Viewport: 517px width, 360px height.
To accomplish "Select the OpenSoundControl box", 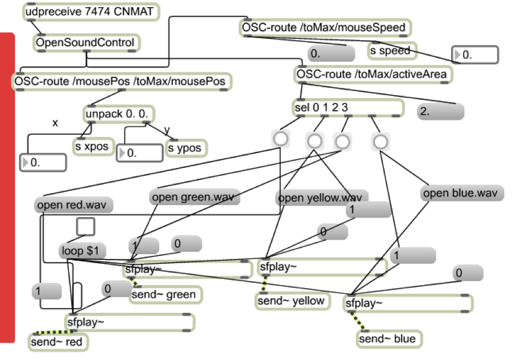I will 87,43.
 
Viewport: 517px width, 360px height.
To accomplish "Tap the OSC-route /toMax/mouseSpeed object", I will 326,28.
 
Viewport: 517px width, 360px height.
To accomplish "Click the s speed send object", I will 392,51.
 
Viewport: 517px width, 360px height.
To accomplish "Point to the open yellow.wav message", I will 320,198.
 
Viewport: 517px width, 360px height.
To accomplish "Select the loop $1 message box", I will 80,251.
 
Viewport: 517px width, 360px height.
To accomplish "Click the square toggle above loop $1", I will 86,227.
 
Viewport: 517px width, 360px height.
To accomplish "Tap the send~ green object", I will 165,294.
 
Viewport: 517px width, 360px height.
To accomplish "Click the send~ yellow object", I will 293,301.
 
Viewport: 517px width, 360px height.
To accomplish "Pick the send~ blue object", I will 387,339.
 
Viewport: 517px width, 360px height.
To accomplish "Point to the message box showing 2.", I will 440,111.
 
